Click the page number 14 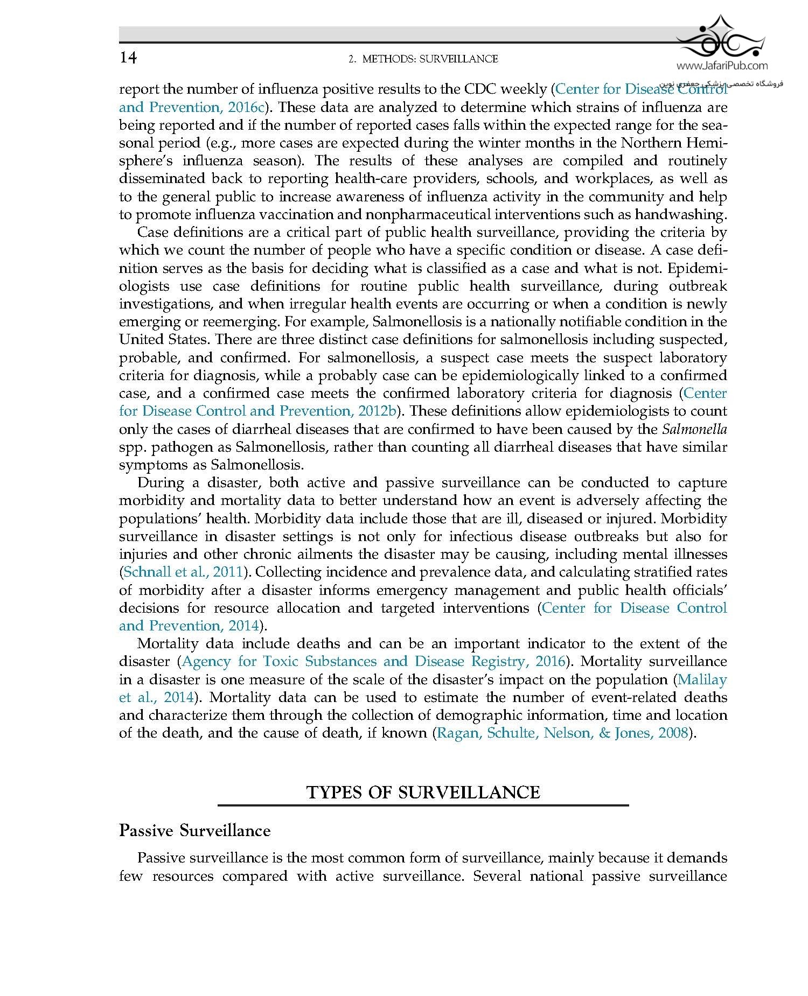(x=128, y=58)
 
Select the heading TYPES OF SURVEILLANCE (x=423, y=792)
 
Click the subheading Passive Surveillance (x=194, y=831)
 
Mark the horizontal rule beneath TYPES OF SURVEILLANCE (x=423, y=805)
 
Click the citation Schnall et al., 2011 (x=183, y=572)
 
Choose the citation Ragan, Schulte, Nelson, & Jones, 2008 (x=562, y=733)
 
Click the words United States (x=164, y=340)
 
